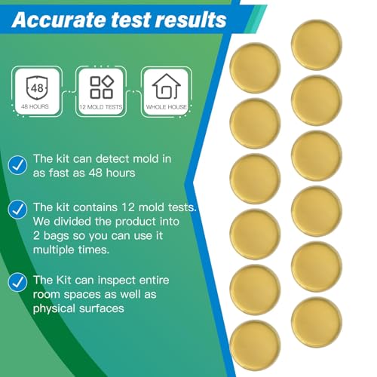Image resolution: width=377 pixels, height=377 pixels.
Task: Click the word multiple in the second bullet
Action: pyautogui.click(x=60, y=250)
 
